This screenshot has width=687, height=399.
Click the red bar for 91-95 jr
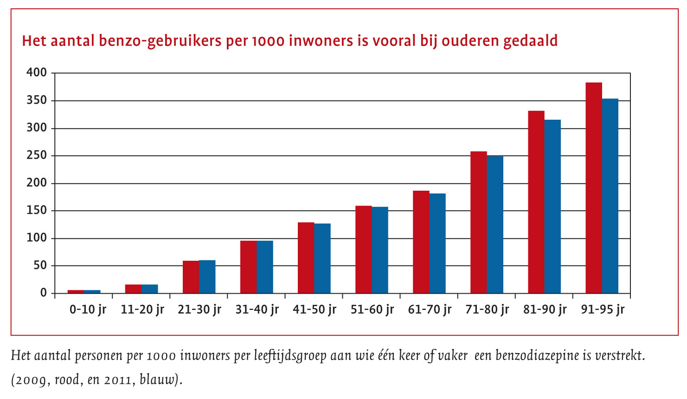pyautogui.click(x=593, y=188)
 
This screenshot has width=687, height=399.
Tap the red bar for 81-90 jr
pyautogui.click(x=536, y=202)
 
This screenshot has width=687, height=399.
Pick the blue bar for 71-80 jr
pyautogui.click(x=495, y=225)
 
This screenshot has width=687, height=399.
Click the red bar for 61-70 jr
pyautogui.click(x=421, y=242)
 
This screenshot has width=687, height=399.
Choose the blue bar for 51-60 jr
pyautogui.click(x=380, y=250)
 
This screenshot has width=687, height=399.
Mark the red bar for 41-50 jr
pyautogui.click(x=306, y=257)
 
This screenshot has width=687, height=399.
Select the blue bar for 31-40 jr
pyautogui.click(x=265, y=267)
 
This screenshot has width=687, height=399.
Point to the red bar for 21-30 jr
pyautogui.click(x=191, y=277)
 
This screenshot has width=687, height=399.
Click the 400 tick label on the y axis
pyautogui.click(x=37, y=73)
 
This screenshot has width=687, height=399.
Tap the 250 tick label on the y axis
pyautogui.click(x=37, y=155)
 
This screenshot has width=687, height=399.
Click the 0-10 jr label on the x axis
pyautogui.click(x=88, y=309)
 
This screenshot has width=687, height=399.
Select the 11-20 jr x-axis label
pyautogui.click(x=142, y=309)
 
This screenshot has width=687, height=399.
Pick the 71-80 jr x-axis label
pyautogui.click(x=487, y=309)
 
